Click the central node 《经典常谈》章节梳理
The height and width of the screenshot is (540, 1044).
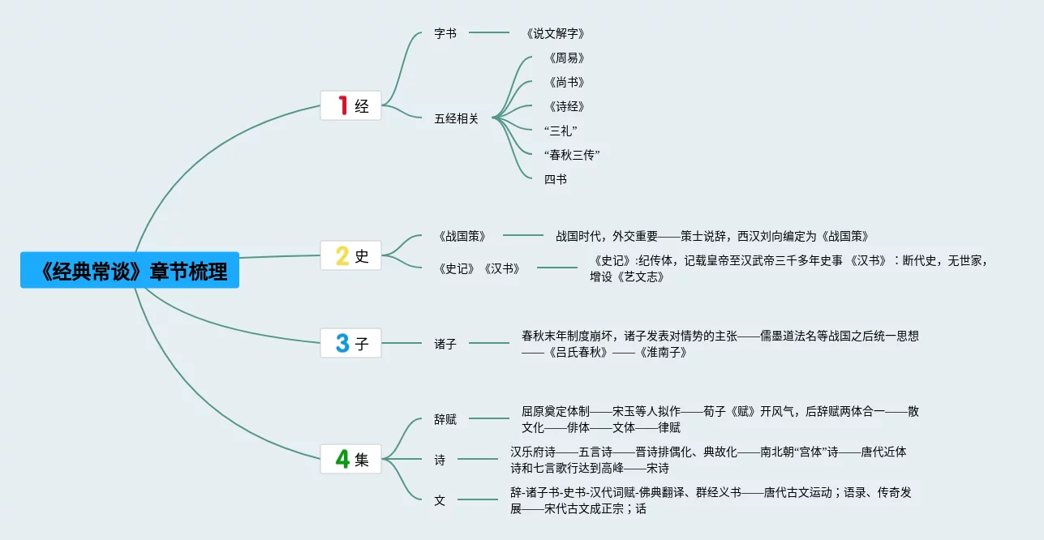coord(130,270)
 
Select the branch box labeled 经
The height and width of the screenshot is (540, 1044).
coord(350,105)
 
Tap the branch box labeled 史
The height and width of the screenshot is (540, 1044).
coord(350,256)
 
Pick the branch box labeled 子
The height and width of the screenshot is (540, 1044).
coord(350,344)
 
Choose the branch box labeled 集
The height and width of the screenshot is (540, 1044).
coord(350,460)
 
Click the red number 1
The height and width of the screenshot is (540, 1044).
coord(342,105)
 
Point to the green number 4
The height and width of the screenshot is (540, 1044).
coord(342,460)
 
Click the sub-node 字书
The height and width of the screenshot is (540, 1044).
coord(445,33)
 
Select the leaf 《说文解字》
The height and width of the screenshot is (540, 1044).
coord(555,33)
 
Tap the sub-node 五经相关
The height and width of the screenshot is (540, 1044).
coord(457,118)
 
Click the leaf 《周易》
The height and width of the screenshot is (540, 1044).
coord(566,58)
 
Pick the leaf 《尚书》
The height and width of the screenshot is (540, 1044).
coord(566,82)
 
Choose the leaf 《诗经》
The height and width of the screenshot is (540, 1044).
coord(566,106)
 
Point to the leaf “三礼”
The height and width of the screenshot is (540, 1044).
coord(561,131)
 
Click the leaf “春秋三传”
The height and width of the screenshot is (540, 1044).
coord(572,155)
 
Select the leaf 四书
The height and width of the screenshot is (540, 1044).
coord(556,179)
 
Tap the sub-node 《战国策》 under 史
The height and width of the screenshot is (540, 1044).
coord(462,236)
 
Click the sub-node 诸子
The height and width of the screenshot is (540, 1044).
coord(445,344)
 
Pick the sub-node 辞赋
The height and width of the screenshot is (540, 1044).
coord(445,419)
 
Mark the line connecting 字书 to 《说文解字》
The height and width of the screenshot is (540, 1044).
coord(489,33)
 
